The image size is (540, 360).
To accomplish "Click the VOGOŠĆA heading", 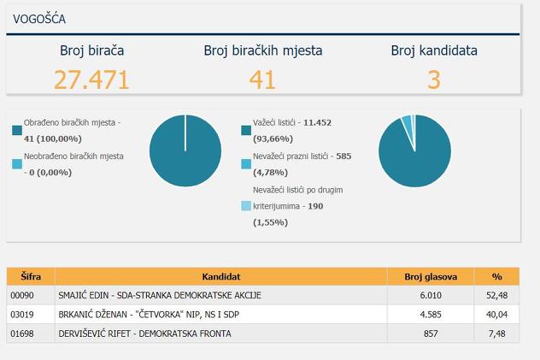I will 40,19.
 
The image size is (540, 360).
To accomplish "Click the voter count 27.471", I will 91,80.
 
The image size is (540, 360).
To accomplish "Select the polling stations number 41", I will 262,80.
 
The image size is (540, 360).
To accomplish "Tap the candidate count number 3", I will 434,80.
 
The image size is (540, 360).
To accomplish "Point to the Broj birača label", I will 91,50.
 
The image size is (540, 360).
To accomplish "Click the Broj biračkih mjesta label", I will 262,50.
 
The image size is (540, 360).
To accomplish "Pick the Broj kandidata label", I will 434,50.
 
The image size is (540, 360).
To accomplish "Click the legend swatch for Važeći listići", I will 246,130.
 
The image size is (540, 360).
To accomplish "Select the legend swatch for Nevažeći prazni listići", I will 246,163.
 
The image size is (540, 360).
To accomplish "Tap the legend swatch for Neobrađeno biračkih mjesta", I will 17,163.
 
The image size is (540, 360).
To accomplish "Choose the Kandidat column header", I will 221,276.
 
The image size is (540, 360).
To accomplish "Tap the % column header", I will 496,276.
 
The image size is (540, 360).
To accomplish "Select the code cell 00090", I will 21,295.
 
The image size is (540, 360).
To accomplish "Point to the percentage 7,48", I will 496,332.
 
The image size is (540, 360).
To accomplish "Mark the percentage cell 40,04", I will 496,314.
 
